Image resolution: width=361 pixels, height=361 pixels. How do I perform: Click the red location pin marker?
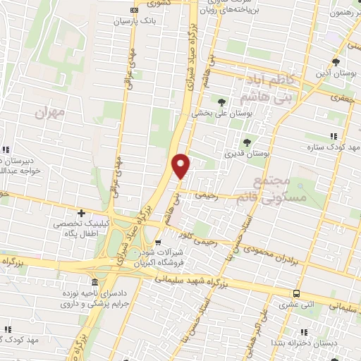click(x=181, y=166)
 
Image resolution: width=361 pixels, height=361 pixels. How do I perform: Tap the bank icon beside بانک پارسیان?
click(x=135, y=10)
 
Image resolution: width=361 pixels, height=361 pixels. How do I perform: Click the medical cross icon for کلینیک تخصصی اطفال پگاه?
click(x=82, y=213)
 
